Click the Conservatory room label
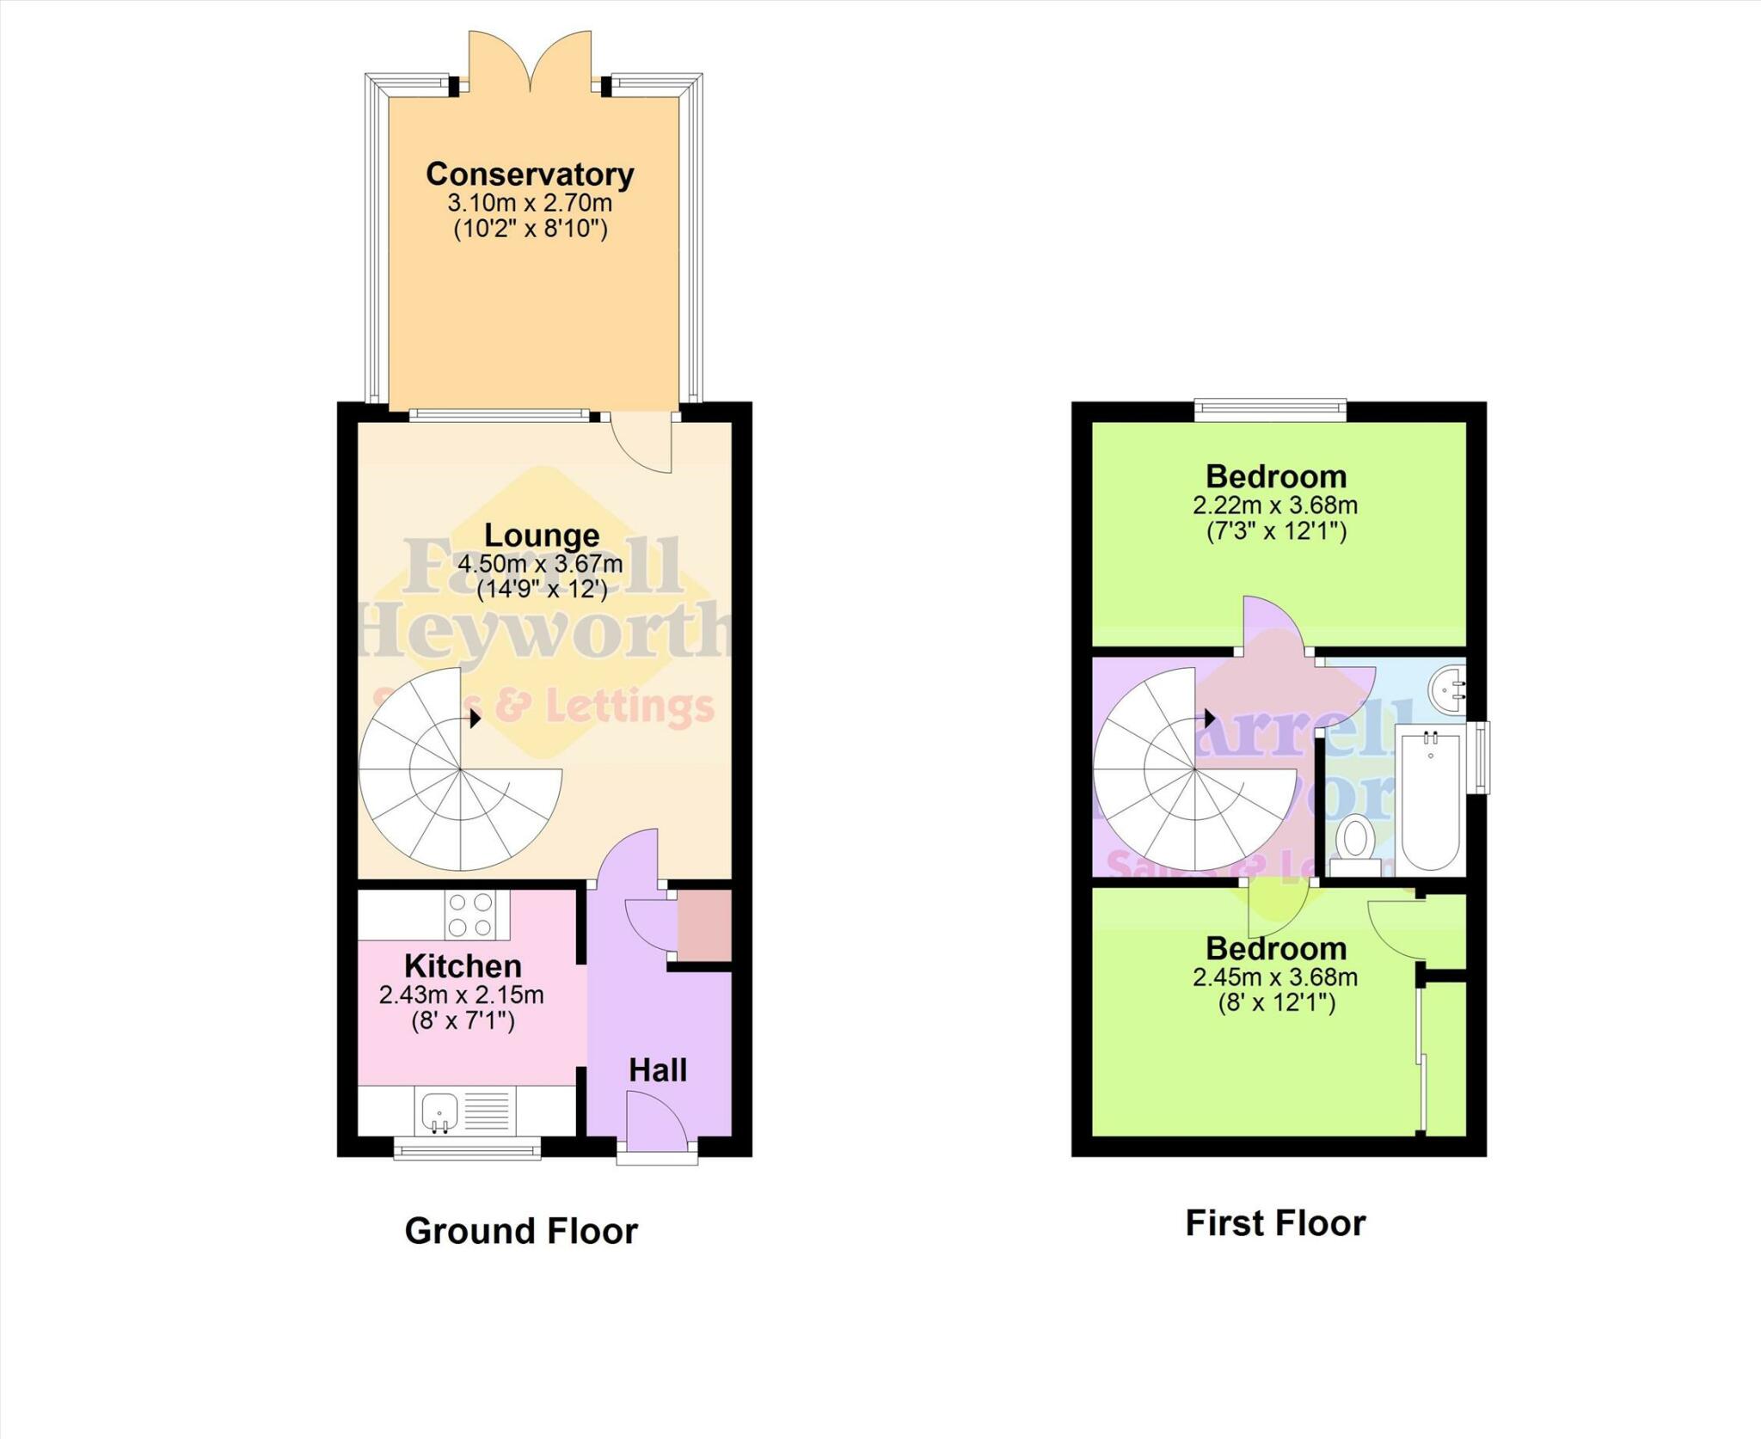coord(530,175)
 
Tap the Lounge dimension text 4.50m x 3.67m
coord(540,565)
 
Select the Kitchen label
coord(463,966)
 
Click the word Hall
coord(658,1070)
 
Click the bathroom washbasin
coord(1448,688)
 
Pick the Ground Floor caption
coord(521,1231)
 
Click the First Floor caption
coord(1275,1223)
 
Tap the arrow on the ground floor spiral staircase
coord(476,718)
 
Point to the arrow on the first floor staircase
coord(1209,718)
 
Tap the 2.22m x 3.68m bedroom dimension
coord(1275,505)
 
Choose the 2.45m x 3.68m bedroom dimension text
coord(1275,977)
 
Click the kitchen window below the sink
coord(467,1149)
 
